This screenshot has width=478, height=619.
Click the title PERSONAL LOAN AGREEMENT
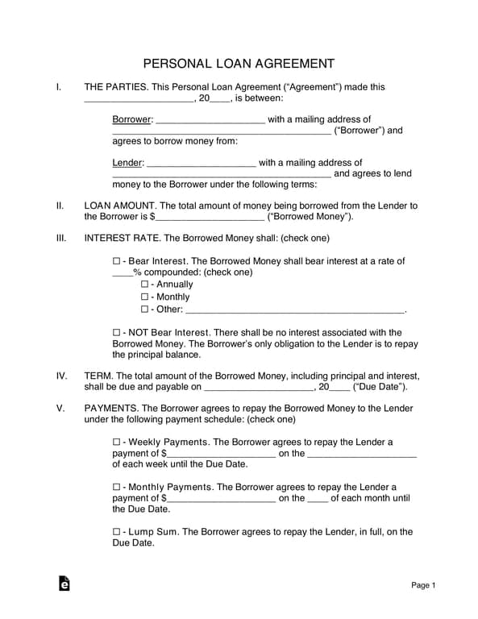point(239,63)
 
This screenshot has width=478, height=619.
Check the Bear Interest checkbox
point(116,261)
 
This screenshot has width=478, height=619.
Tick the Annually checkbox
point(144,285)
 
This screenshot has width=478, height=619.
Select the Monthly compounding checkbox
point(144,297)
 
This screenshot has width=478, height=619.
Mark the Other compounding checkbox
point(144,309)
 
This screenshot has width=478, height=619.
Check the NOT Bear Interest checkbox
point(116,333)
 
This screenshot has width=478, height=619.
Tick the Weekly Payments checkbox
point(116,442)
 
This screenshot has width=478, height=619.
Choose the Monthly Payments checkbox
point(116,488)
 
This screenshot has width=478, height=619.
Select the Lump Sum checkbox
point(116,532)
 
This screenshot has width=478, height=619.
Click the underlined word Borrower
point(131,119)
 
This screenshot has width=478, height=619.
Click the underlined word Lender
point(127,163)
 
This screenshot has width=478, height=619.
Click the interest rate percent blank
point(122,273)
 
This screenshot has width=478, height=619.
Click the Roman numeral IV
point(61,376)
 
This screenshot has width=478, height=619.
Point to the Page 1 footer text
point(423,585)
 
